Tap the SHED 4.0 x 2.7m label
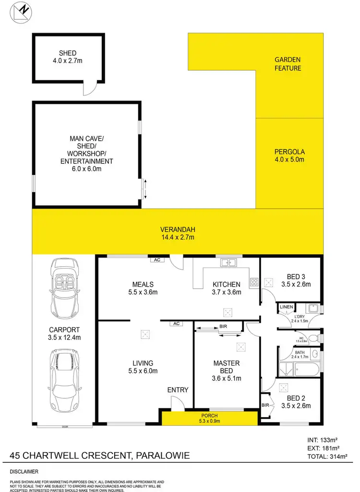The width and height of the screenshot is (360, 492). pos(68,57)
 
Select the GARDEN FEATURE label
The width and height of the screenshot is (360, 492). pos(288,64)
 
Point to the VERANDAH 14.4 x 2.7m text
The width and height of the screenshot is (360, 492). pos(178,233)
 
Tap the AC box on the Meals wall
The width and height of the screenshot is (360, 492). pos(156,260)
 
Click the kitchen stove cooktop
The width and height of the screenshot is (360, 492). pos(254,283)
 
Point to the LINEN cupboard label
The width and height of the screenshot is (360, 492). pos(286,307)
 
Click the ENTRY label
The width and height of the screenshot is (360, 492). pos(178,390)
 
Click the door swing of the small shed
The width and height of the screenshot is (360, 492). pos(88,89)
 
